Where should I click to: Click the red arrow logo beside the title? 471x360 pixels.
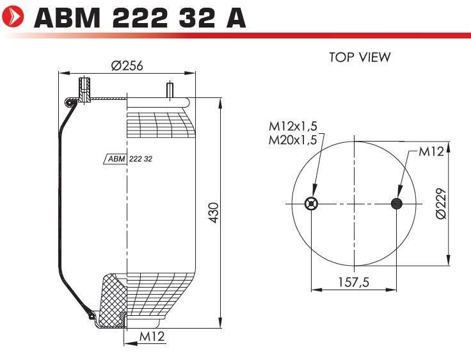point(12,17)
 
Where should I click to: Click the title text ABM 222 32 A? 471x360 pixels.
point(140,18)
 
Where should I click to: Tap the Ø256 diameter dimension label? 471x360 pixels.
point(127,65)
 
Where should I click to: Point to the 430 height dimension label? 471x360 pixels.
point(213,213)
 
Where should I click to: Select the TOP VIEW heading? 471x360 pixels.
point(360,57)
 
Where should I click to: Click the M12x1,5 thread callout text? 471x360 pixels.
point(293,126)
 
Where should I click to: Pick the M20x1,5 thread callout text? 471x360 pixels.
point(293,140)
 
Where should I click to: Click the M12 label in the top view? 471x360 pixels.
point(431,151)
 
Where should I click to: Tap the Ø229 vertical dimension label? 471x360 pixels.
point(441,204)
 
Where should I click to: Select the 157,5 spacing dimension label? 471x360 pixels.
point(353,282)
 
